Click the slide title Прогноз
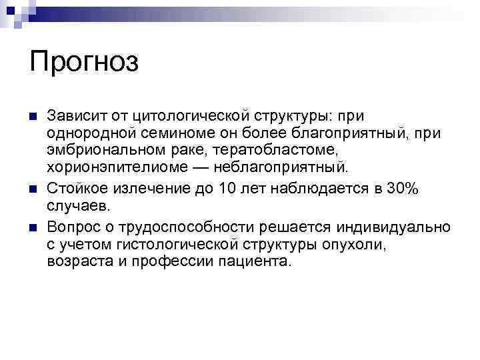84,63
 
